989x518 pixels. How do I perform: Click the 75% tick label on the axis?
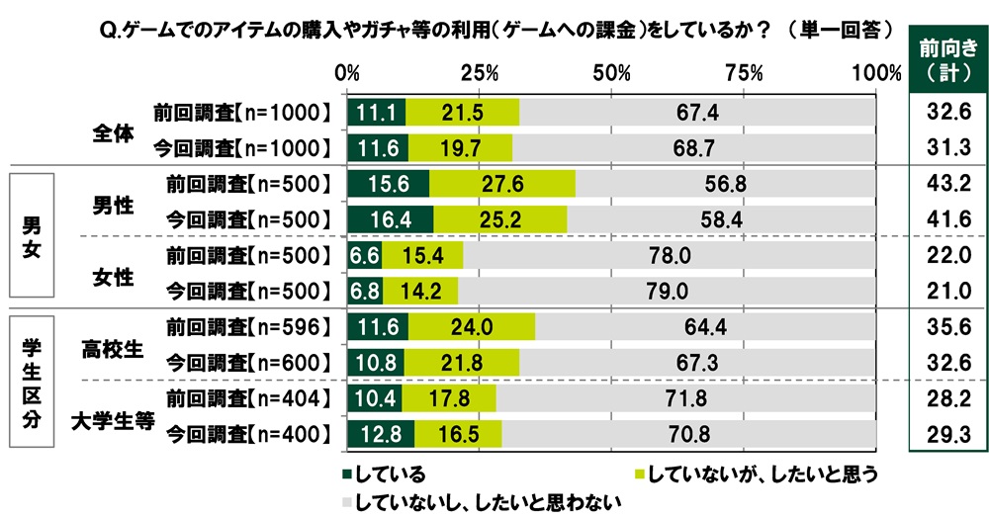[743, 73]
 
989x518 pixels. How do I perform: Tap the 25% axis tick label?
[479, 73]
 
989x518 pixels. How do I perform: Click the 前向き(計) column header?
[947, 58]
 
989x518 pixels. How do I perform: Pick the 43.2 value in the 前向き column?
[947, 185]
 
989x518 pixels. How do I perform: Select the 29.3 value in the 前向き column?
[947, 432]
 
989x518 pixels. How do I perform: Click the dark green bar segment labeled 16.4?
[390, 219]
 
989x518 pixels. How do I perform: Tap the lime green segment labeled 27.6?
[502, 185]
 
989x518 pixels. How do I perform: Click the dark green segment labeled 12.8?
[381, 432]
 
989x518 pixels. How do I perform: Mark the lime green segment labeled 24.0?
[471, 326]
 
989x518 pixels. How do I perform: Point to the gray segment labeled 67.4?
[697, 113]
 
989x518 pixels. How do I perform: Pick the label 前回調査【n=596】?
[242, 326]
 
